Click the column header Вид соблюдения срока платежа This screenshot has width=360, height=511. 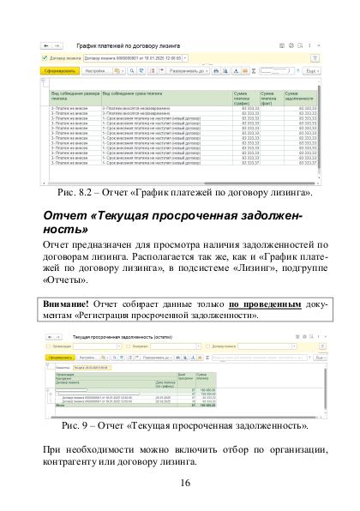[137, 92]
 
